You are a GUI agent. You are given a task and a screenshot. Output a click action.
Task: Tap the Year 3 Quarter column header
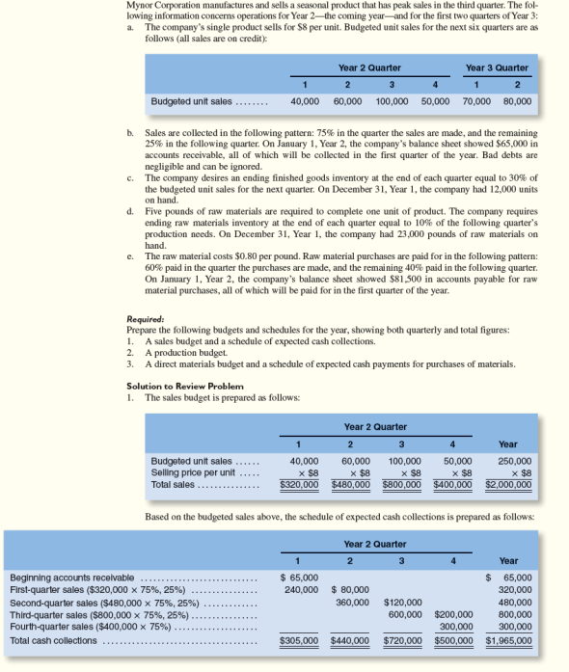(x=497, y=67)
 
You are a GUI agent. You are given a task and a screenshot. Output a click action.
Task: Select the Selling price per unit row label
(x=192, y=472)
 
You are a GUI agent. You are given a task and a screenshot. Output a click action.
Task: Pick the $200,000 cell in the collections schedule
(x=453, y=612)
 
